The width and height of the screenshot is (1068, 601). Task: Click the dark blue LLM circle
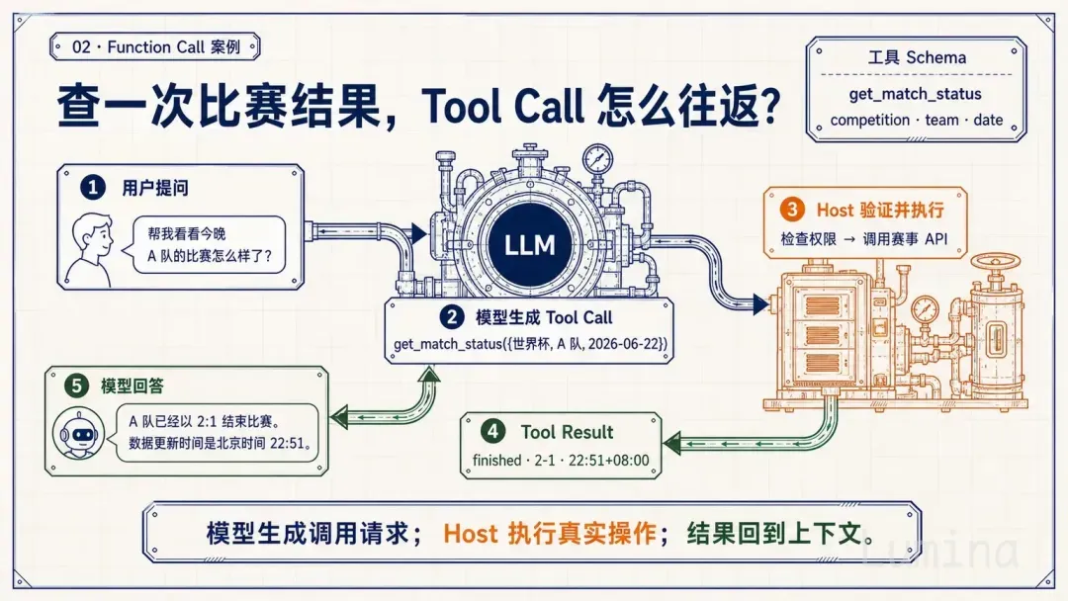click(x=530, y=244)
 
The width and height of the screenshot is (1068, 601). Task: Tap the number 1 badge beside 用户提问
click(x=93, y=187)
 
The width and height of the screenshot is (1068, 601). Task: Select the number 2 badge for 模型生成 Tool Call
click(x=451, y=317)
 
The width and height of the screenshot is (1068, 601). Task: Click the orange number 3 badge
click(x=791, y=209)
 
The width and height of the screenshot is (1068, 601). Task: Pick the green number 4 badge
click(x=492, y=432)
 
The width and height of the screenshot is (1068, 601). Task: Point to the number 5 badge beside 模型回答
click(x=76, y=386)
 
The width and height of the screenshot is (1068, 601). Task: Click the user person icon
click(x=91, y=250)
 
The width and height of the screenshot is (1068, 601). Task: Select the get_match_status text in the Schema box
click(x=915, y=94)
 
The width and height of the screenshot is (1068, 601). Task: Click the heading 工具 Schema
click(x=917, y=58)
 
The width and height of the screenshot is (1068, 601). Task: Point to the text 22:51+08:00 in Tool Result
click(x=608, y=460)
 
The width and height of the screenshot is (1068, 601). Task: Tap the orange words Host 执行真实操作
click(x=549, y=533)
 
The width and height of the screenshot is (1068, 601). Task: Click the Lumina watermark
click(x=940, y=551)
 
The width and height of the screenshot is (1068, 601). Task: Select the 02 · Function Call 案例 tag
click(x=156, y=47)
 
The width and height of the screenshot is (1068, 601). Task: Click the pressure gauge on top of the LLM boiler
click(x=597, y=158)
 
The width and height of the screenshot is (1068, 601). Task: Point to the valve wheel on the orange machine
click(x=995, y=261)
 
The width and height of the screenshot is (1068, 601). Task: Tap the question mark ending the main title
click(x=769, y=106)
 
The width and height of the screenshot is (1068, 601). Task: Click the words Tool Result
click(x=567, y=432)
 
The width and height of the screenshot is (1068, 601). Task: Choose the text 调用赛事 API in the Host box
click(x=905, y=239)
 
